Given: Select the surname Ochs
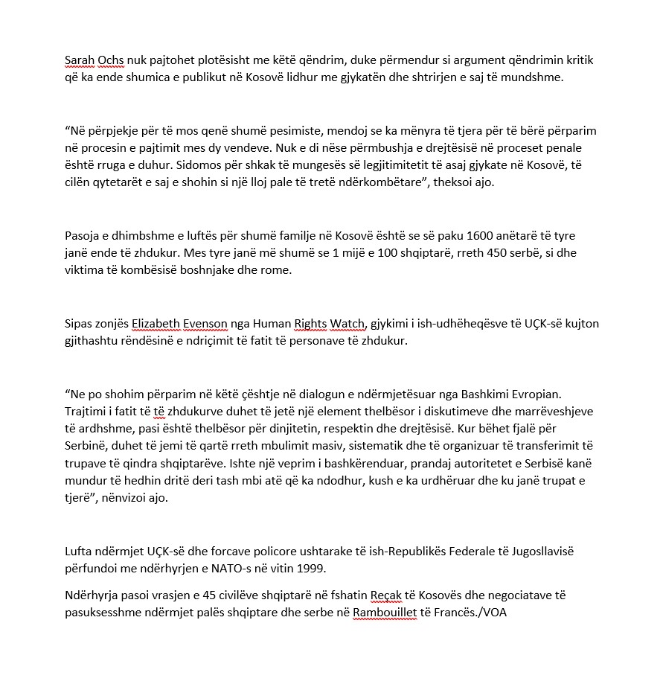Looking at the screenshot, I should coord(112,60).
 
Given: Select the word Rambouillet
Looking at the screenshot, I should coord(385,613).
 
